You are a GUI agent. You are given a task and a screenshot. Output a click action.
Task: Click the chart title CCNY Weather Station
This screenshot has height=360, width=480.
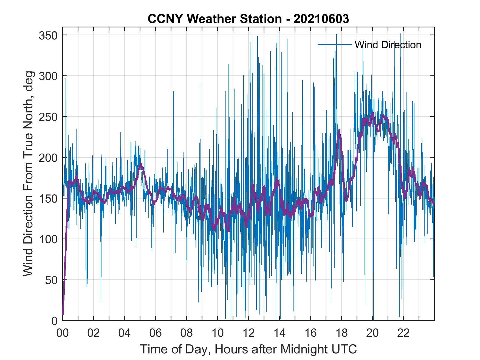click(x=248, y=19)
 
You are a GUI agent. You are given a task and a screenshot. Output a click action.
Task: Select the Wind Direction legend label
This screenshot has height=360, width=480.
click(x=388, y=45)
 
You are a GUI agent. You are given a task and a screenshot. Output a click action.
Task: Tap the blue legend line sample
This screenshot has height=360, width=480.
click(x=335, y=44)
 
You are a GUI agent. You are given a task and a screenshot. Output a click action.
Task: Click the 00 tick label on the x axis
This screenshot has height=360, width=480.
click(x=63, y=333)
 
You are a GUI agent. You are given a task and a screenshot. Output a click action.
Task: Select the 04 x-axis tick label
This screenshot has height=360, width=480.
click(x=125, y=333)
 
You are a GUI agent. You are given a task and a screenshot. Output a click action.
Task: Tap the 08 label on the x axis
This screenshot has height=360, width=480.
click(x=187, y=333)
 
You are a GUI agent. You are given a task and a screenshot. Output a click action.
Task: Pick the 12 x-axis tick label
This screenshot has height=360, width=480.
click(x=249, y=333)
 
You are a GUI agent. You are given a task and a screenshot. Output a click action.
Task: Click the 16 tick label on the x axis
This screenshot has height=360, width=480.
click(x=310, y=333)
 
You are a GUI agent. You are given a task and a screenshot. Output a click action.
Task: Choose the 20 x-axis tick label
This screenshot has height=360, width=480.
click(x=372, y=333)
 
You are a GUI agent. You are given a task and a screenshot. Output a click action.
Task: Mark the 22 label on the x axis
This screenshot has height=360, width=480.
click(x=403, y=333)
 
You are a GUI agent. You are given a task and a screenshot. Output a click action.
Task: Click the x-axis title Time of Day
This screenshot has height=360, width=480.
click(x=249, y=349)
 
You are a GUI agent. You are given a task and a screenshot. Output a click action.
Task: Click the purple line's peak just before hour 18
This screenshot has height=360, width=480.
click(x=339, y=130)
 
